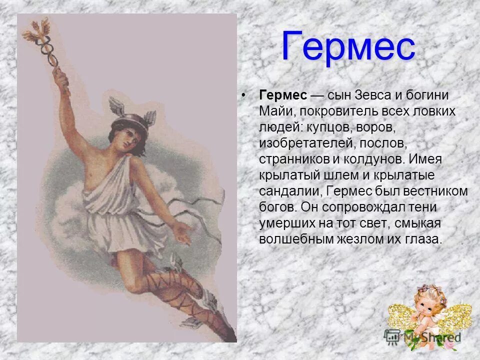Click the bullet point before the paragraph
pyautogui.click(x=244, y=95)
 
